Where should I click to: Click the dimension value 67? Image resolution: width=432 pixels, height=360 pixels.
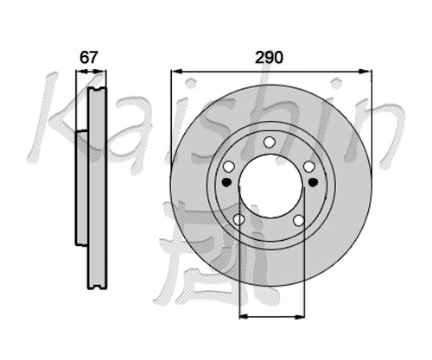[x=88, y=58]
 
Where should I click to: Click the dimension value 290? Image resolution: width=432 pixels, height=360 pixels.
[x=270, y=58]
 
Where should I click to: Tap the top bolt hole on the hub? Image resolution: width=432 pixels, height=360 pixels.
[x=270, y=142]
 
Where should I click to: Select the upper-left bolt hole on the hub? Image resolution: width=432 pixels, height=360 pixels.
[x=229, y=167]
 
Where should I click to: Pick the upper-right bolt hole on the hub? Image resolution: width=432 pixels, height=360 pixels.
[x=309, y=167]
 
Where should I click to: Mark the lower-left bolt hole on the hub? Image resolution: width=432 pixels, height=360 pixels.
[x=238, y=220]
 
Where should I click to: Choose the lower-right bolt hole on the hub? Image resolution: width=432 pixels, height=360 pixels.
[x=299, y=220]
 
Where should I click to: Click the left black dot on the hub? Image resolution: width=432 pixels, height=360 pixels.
[x=227, y=182]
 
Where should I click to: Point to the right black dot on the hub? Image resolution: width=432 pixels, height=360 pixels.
[x=313, y=182]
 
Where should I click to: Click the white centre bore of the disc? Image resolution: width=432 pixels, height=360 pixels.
[x=271, y=186]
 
